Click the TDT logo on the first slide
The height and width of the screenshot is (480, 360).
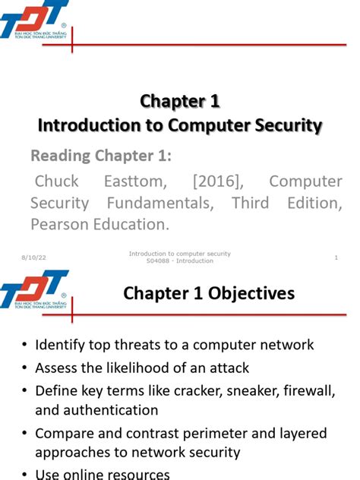pos(34,21)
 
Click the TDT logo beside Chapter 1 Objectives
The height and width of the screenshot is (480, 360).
pos(34,289)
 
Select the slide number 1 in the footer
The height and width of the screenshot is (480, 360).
pos(335,259)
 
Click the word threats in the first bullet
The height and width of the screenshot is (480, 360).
pos(139,345)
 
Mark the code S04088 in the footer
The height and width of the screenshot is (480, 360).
pos(159,261)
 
